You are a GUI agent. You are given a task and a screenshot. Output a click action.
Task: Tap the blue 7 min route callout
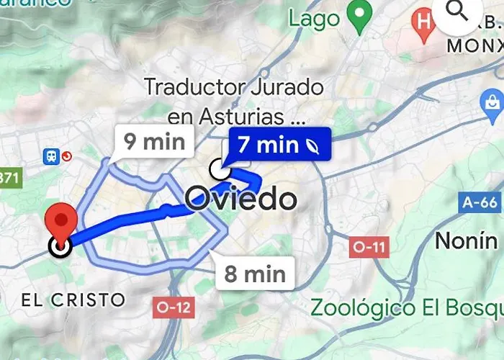(x=278, y=145)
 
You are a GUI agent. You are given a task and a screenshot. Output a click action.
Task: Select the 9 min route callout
(x=153, y=142)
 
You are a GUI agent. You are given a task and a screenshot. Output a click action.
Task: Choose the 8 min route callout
(x=254, y=274)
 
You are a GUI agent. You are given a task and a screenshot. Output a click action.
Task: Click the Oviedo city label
(x=241, y=198)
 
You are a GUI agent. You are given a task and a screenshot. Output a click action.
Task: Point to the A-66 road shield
(x=480, y=203)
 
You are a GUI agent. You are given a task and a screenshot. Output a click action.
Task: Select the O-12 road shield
(x=174, y=307)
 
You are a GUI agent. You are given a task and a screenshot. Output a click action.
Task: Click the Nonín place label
(x=467, y=240)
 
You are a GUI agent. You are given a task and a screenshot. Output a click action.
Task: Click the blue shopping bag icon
(x=493, y=105)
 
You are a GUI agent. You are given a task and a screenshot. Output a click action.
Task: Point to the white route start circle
(x=219, y=171)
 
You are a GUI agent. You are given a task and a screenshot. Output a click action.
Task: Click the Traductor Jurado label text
(x=234, y=88)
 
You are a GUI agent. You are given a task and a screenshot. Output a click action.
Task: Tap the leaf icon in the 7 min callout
(x=313, y=145)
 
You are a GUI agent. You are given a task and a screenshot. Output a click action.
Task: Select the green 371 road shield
(x=9, y=177)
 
